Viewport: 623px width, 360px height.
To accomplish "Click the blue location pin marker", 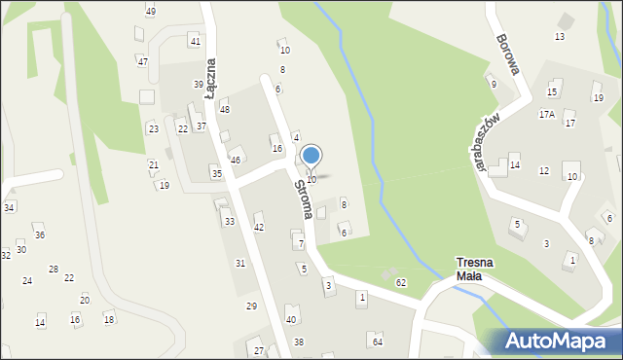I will (311, 157).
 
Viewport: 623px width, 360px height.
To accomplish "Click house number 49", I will (150, 11).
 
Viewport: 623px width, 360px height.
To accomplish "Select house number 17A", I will (547, 114).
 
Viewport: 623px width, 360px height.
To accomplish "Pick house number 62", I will (401, 282).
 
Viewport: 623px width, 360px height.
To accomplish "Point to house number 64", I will (377, 341).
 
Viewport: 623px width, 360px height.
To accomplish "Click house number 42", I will (259, 227).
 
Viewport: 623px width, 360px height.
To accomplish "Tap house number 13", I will (560, 36).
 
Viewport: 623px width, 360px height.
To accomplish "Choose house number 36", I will (40, 234).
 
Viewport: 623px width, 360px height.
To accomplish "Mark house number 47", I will (142, 61).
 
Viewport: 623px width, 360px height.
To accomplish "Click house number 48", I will (225, 109).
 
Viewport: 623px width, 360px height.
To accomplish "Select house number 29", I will (251, 306).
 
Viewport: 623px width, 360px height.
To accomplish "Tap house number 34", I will (9, 207).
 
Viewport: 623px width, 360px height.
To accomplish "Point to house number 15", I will (552, 92).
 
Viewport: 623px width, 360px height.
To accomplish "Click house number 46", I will (235, 160).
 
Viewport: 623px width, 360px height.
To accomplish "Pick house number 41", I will (196, 41).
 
